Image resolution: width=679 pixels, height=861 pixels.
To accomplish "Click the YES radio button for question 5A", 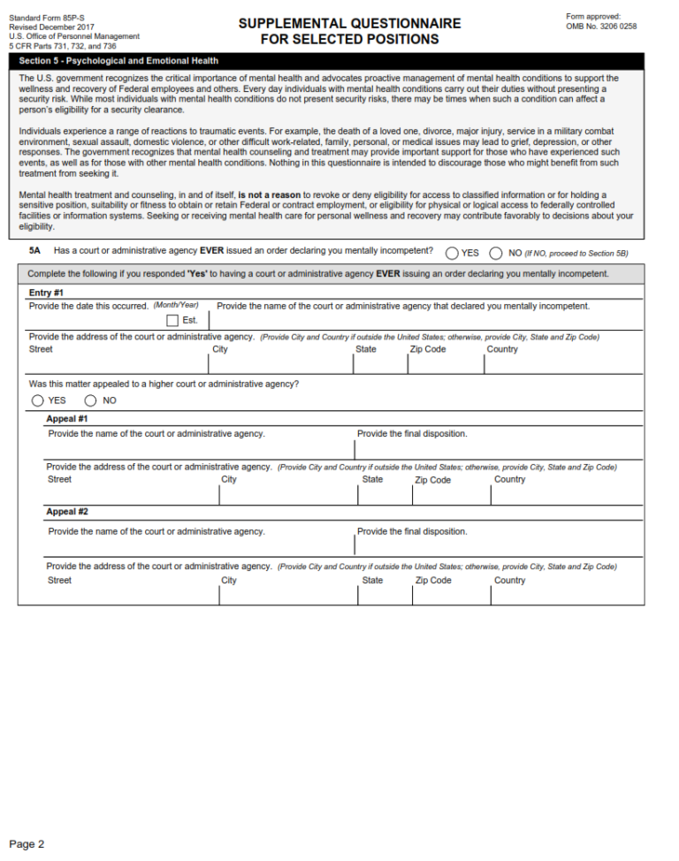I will coord(452,253).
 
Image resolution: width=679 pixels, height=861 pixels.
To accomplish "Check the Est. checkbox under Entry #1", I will coord(172,320).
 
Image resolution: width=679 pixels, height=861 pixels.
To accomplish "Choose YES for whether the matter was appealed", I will coord(38,400).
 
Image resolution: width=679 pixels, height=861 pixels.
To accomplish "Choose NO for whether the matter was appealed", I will coord(91,400).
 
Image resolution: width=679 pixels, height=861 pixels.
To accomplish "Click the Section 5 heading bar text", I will coord(118,61).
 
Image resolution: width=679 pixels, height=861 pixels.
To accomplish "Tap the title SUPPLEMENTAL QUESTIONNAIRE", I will coord(349,24).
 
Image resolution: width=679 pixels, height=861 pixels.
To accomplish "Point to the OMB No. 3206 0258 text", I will coord(601,27).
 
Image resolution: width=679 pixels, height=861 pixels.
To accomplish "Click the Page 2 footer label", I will coord(27,844).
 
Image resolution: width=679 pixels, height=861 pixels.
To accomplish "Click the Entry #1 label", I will coord(46,293).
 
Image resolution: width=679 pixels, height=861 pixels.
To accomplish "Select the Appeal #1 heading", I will coord(67,419).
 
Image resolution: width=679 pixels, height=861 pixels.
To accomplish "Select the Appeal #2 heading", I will coord(67,512).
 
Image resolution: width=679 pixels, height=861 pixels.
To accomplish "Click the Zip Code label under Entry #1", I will coord(428,349).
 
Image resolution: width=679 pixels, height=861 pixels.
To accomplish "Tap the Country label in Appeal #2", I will coord(509,581).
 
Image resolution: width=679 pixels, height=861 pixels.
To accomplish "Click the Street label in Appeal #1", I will coord(60,479).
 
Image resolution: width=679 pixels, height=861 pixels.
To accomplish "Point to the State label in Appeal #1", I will coord(372,479).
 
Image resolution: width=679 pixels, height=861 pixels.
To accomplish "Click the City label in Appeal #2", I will coord(229,581).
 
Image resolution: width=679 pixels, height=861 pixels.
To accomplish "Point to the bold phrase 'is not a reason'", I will coord(269,194).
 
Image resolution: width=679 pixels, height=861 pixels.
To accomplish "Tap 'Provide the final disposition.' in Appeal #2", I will coord(412,531).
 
